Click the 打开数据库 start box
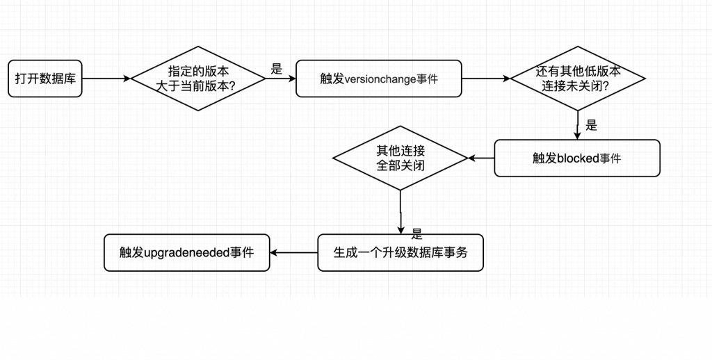pos(45,79)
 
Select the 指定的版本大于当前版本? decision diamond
pos(198,79)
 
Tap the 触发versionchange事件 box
pos(378,79)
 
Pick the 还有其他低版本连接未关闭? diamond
pos(578,79)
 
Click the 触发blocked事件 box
pos(576,158)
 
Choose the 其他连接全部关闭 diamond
pos(400,158)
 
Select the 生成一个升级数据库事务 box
pos(400,252)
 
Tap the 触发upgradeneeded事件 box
pos(186,252)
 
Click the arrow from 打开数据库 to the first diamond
pos(106,79)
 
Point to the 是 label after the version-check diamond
pos(277,69)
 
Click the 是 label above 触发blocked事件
pos(592,125)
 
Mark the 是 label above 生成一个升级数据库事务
pos(417,234)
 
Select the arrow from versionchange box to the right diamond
pos(486,79)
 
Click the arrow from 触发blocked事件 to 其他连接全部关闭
pos(481,158)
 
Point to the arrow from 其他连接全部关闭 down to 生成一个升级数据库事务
pos(400,211)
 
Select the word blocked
pos(578,158)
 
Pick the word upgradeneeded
pos(188,252)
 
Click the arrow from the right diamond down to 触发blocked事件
pos(578,125)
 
